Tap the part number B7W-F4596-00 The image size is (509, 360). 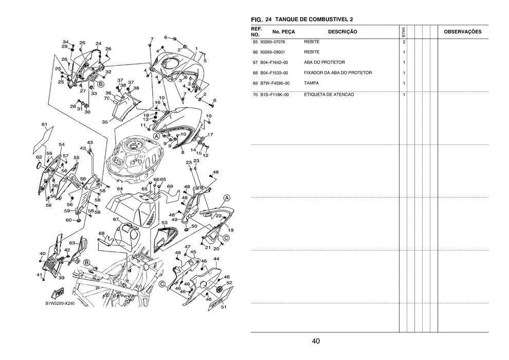point(275,83)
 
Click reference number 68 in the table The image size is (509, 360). point(255,73)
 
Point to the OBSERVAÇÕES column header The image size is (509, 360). point(462,32)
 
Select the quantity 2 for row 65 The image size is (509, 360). point(404,42)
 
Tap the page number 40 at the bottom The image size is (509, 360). point(316,341)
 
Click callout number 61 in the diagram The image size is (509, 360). point(45,124)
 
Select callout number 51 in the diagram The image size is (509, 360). point(223,308)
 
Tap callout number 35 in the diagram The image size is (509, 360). point(105,122)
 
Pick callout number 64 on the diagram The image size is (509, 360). point(119,189)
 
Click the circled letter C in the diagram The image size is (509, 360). point(161,284)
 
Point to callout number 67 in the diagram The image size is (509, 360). point(116,220)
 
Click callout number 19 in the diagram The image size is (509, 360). point(230,230)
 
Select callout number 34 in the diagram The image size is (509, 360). point(66,42)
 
